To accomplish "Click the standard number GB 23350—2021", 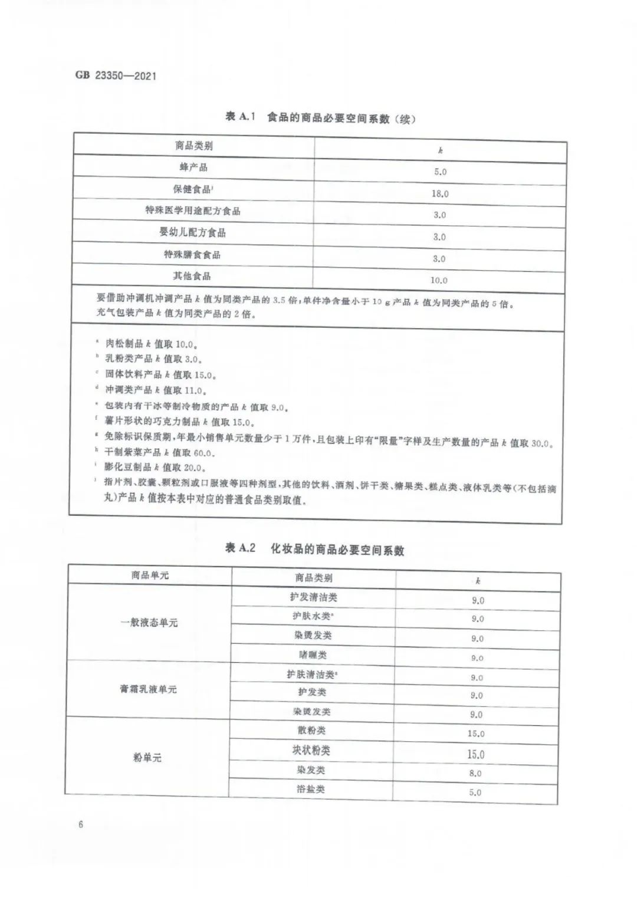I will pos(116,75).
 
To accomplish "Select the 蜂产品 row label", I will pos(193,167).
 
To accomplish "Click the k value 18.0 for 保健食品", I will pos(440,193).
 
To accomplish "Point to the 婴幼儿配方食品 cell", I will pos(192,232).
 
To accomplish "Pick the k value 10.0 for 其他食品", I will pos(439,280).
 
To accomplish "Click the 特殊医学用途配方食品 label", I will pos(193,211).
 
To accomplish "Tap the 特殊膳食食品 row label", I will pos(193,254).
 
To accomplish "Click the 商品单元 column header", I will pos(150,575).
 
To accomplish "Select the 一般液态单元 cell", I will pos(149,622).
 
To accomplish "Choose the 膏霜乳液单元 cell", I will pos(148,689).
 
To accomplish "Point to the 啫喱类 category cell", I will pos(313,655).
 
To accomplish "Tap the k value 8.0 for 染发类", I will pos(475,773).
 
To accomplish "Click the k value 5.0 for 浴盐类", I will pos(475,793).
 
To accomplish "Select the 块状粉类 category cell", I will pos(311,751).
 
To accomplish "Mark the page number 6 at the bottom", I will pos(80,824).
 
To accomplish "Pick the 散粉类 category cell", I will pos(311,731).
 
